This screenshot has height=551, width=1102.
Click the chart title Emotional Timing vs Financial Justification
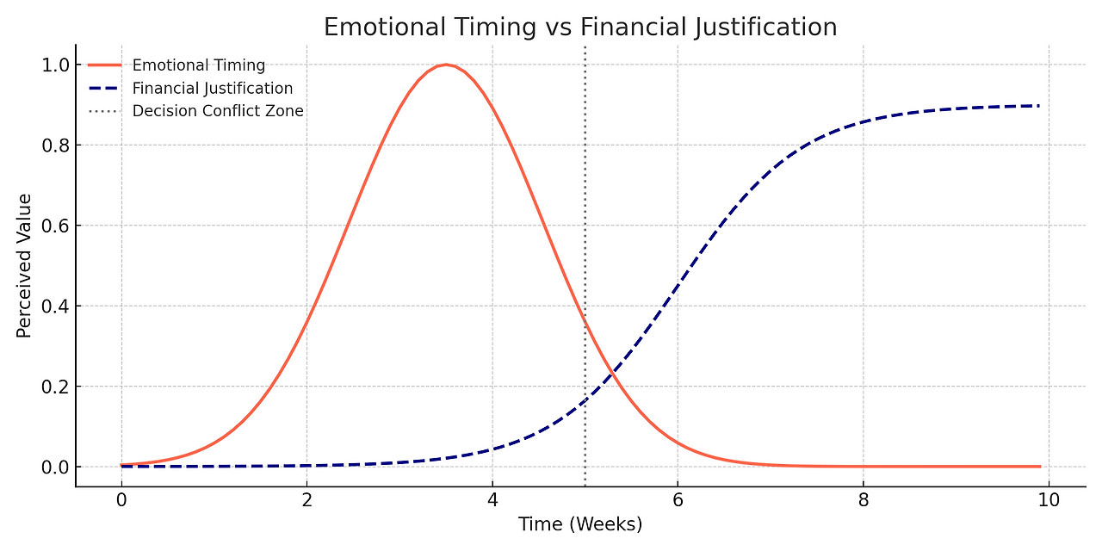tap(580, 28)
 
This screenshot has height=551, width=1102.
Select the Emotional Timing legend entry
tap(198, 65)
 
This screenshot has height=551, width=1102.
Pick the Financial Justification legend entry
tap(212, 89)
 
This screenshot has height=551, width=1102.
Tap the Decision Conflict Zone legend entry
tap(217, 111)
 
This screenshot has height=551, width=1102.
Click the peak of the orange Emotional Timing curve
tap(445, 65)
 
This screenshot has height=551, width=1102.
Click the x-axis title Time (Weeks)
tap(580, 524)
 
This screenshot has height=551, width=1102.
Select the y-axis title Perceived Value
tap(24, 265)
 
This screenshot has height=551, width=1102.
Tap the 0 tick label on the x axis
tap(121, 499)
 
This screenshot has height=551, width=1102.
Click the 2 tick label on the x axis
tap(306, 499)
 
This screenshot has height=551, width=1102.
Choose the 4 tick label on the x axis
tap(492, 499)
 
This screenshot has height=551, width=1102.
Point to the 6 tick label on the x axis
tap(678, 499)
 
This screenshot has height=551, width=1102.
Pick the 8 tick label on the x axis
tap(864, 499)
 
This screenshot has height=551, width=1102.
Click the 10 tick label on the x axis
tap(1049, 499)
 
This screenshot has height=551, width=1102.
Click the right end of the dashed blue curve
tap(1039, 106)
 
